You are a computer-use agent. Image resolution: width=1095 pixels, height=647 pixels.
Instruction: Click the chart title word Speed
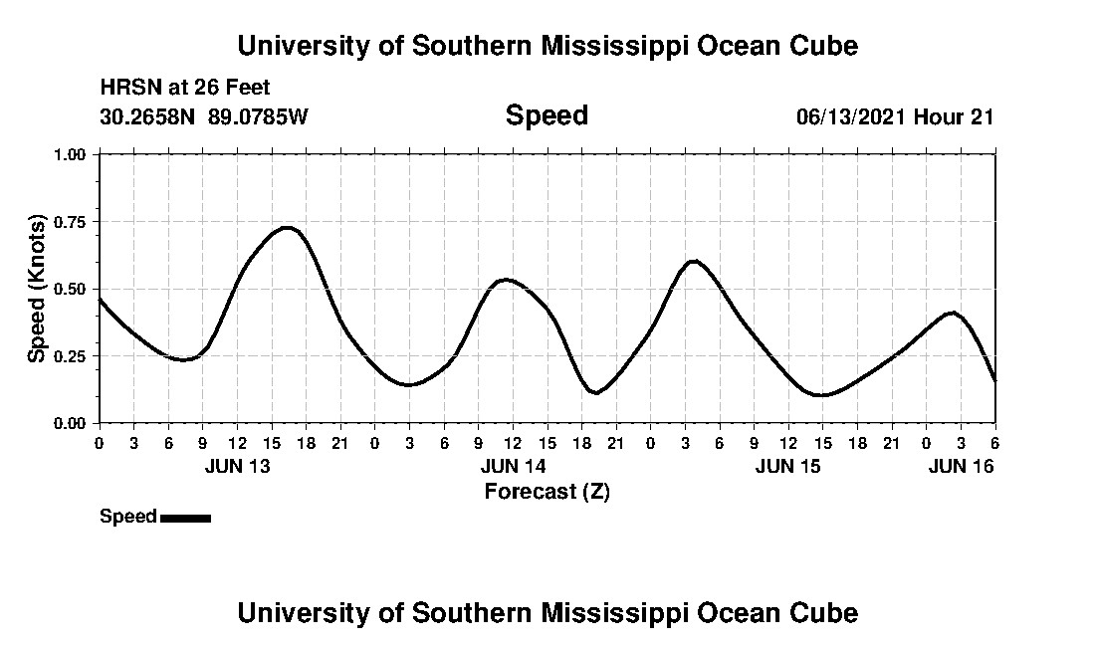tap(547, 115)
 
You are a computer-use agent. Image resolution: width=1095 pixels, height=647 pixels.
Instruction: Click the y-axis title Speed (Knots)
tap(37, 288)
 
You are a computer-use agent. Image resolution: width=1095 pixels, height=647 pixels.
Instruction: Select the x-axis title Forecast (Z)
tap(547, 491)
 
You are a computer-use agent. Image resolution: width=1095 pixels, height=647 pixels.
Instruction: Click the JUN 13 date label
tap(237, 466)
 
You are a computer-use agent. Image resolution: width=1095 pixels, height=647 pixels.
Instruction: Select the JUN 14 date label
tap(513, 466)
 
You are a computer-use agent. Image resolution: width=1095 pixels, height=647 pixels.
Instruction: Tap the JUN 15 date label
tap(788, 466)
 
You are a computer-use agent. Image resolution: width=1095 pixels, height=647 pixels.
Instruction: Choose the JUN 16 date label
tap(961, 466)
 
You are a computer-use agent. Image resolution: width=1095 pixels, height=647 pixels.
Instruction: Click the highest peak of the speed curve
tap(286, 228)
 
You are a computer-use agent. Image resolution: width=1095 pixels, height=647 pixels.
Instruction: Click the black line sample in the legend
tap(185, 518)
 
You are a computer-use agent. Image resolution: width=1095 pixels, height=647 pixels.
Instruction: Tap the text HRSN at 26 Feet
tap(185, 89)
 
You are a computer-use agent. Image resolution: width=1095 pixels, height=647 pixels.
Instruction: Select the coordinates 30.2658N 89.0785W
tap(204, 116)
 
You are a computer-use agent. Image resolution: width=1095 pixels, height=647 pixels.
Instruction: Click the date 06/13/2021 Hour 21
tap(895, 116)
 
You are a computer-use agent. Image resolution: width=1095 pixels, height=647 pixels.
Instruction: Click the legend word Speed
tap(128, 517)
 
